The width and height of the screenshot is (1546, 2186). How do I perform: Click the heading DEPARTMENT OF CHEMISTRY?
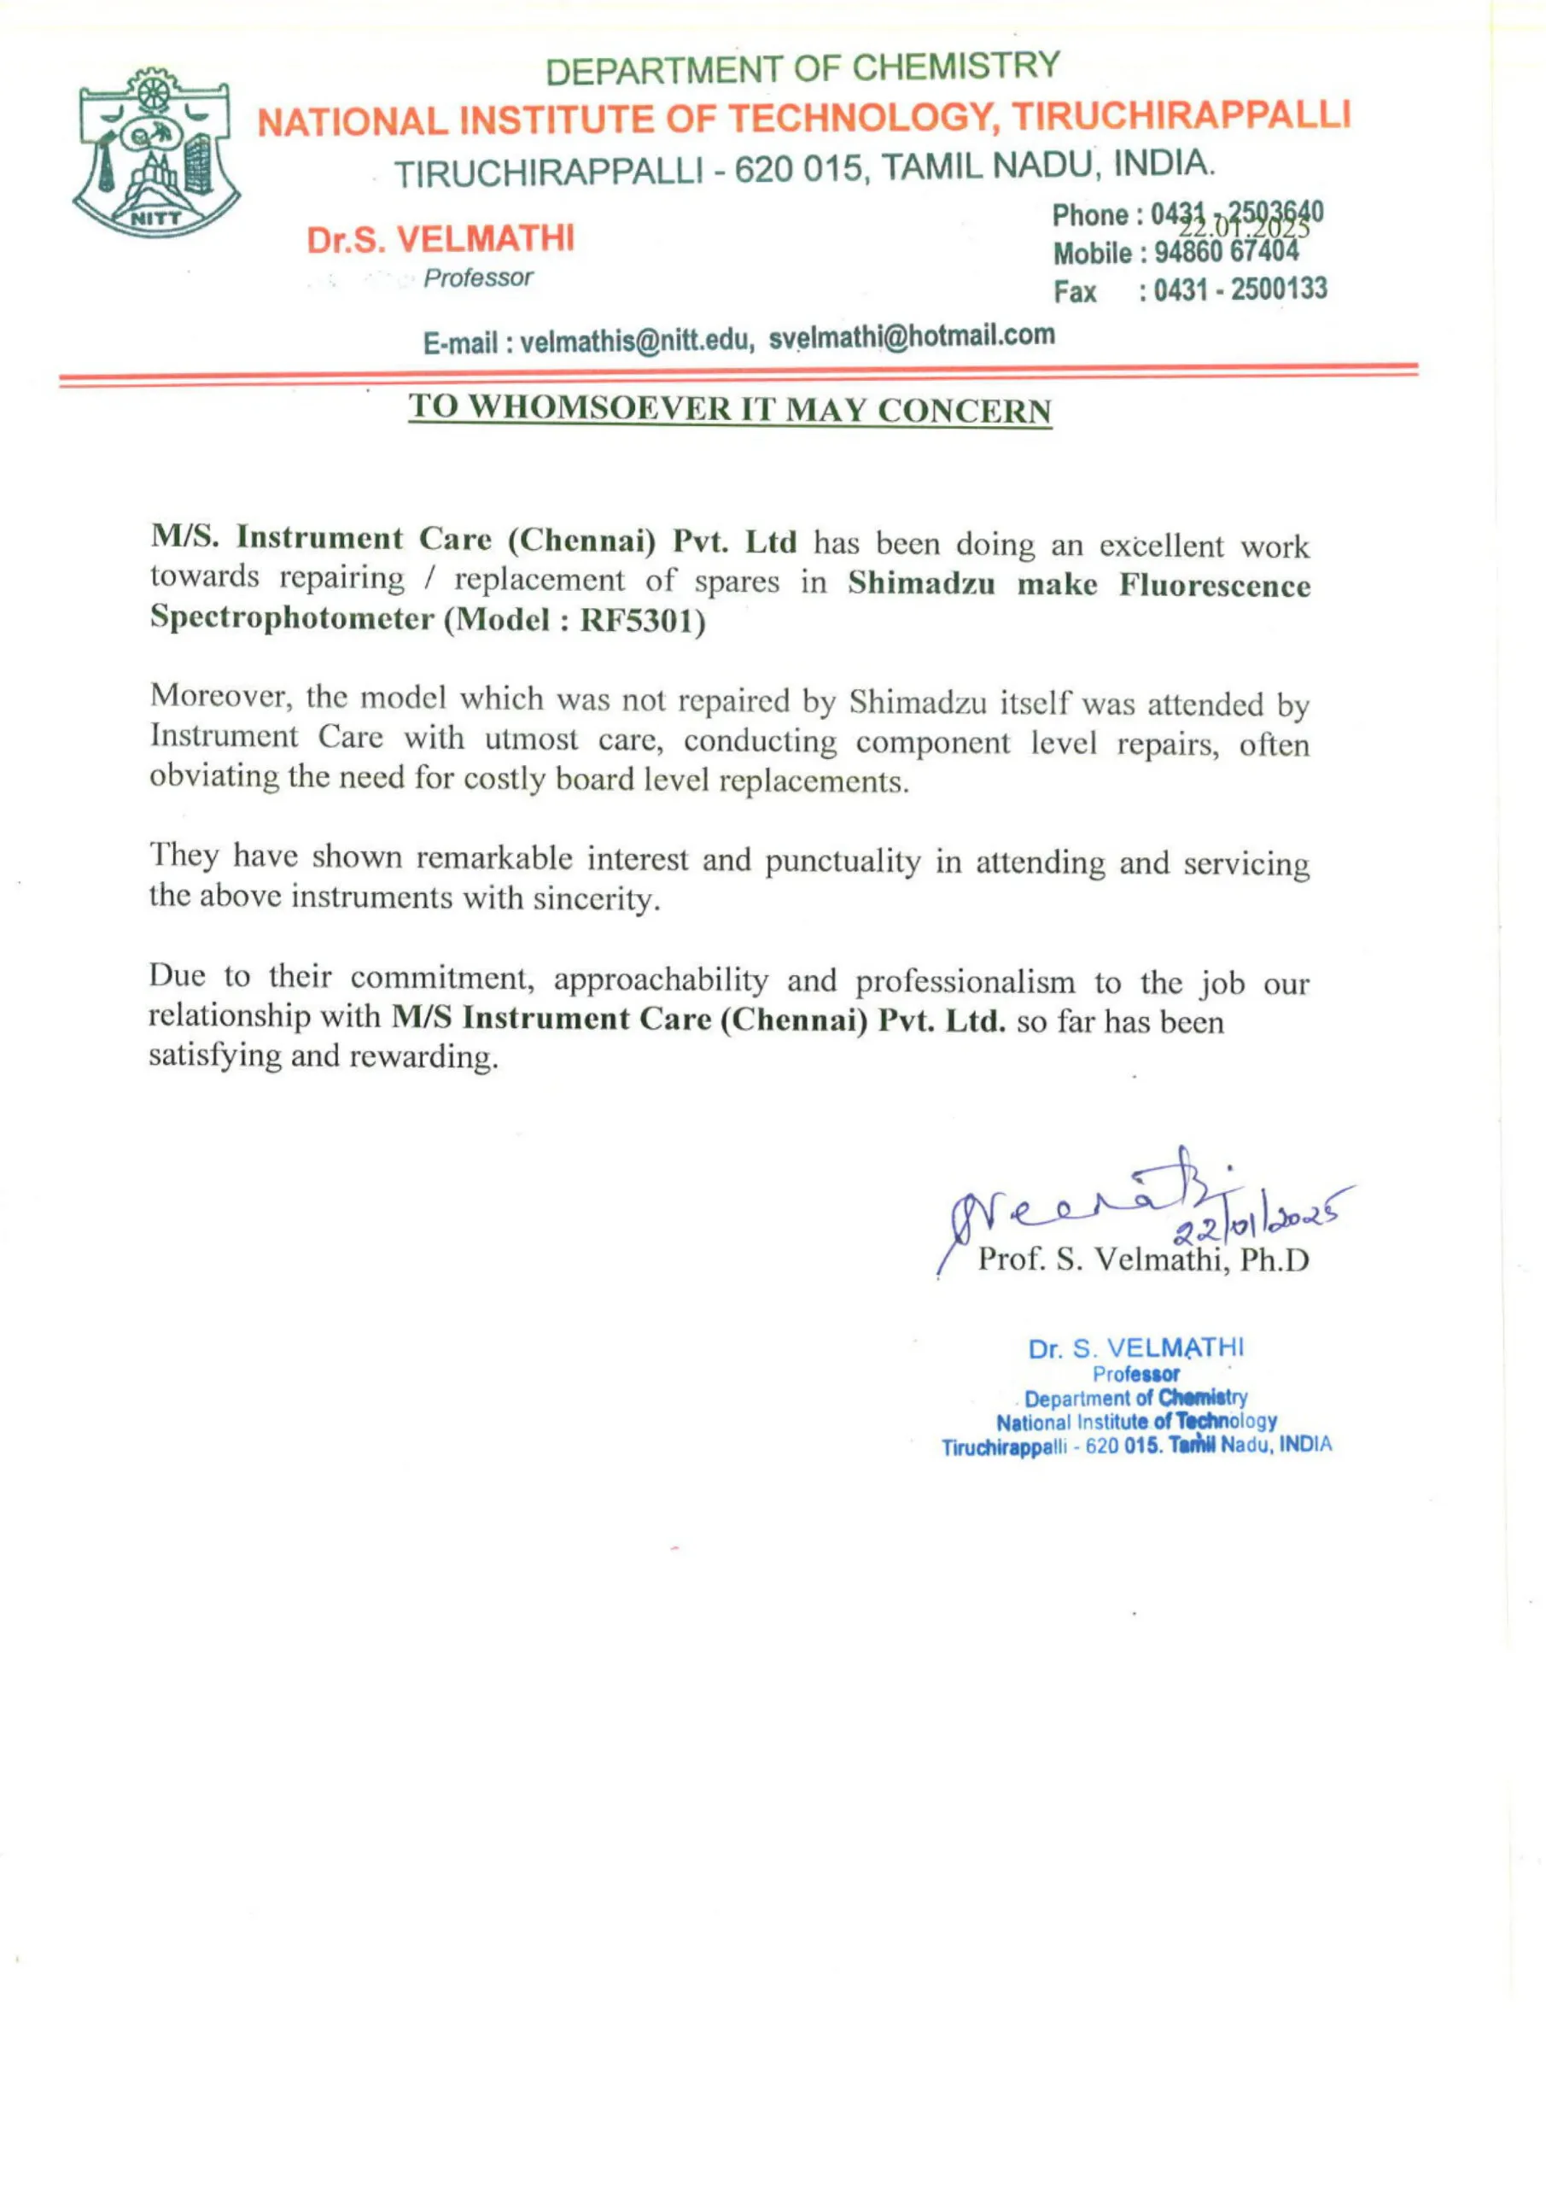click(x=802, y=67)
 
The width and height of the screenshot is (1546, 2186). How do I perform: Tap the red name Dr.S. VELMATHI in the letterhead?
click(x=440, y=238)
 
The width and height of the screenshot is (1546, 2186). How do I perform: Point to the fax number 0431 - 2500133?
click(x=1240, y=289)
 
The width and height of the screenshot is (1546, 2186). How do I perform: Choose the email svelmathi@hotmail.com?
click(x=911, y=336)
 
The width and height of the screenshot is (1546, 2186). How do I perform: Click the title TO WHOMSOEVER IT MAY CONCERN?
click(x=730, y=408)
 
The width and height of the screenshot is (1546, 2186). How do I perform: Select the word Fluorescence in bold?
click(x=1214, y=586)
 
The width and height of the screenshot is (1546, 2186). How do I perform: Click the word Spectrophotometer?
click(x=291, y=618)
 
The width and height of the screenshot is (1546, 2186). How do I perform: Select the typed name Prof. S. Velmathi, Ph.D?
click(x=1143, y=1260)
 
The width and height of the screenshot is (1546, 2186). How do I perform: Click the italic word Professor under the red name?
click(x=478, y=278)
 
